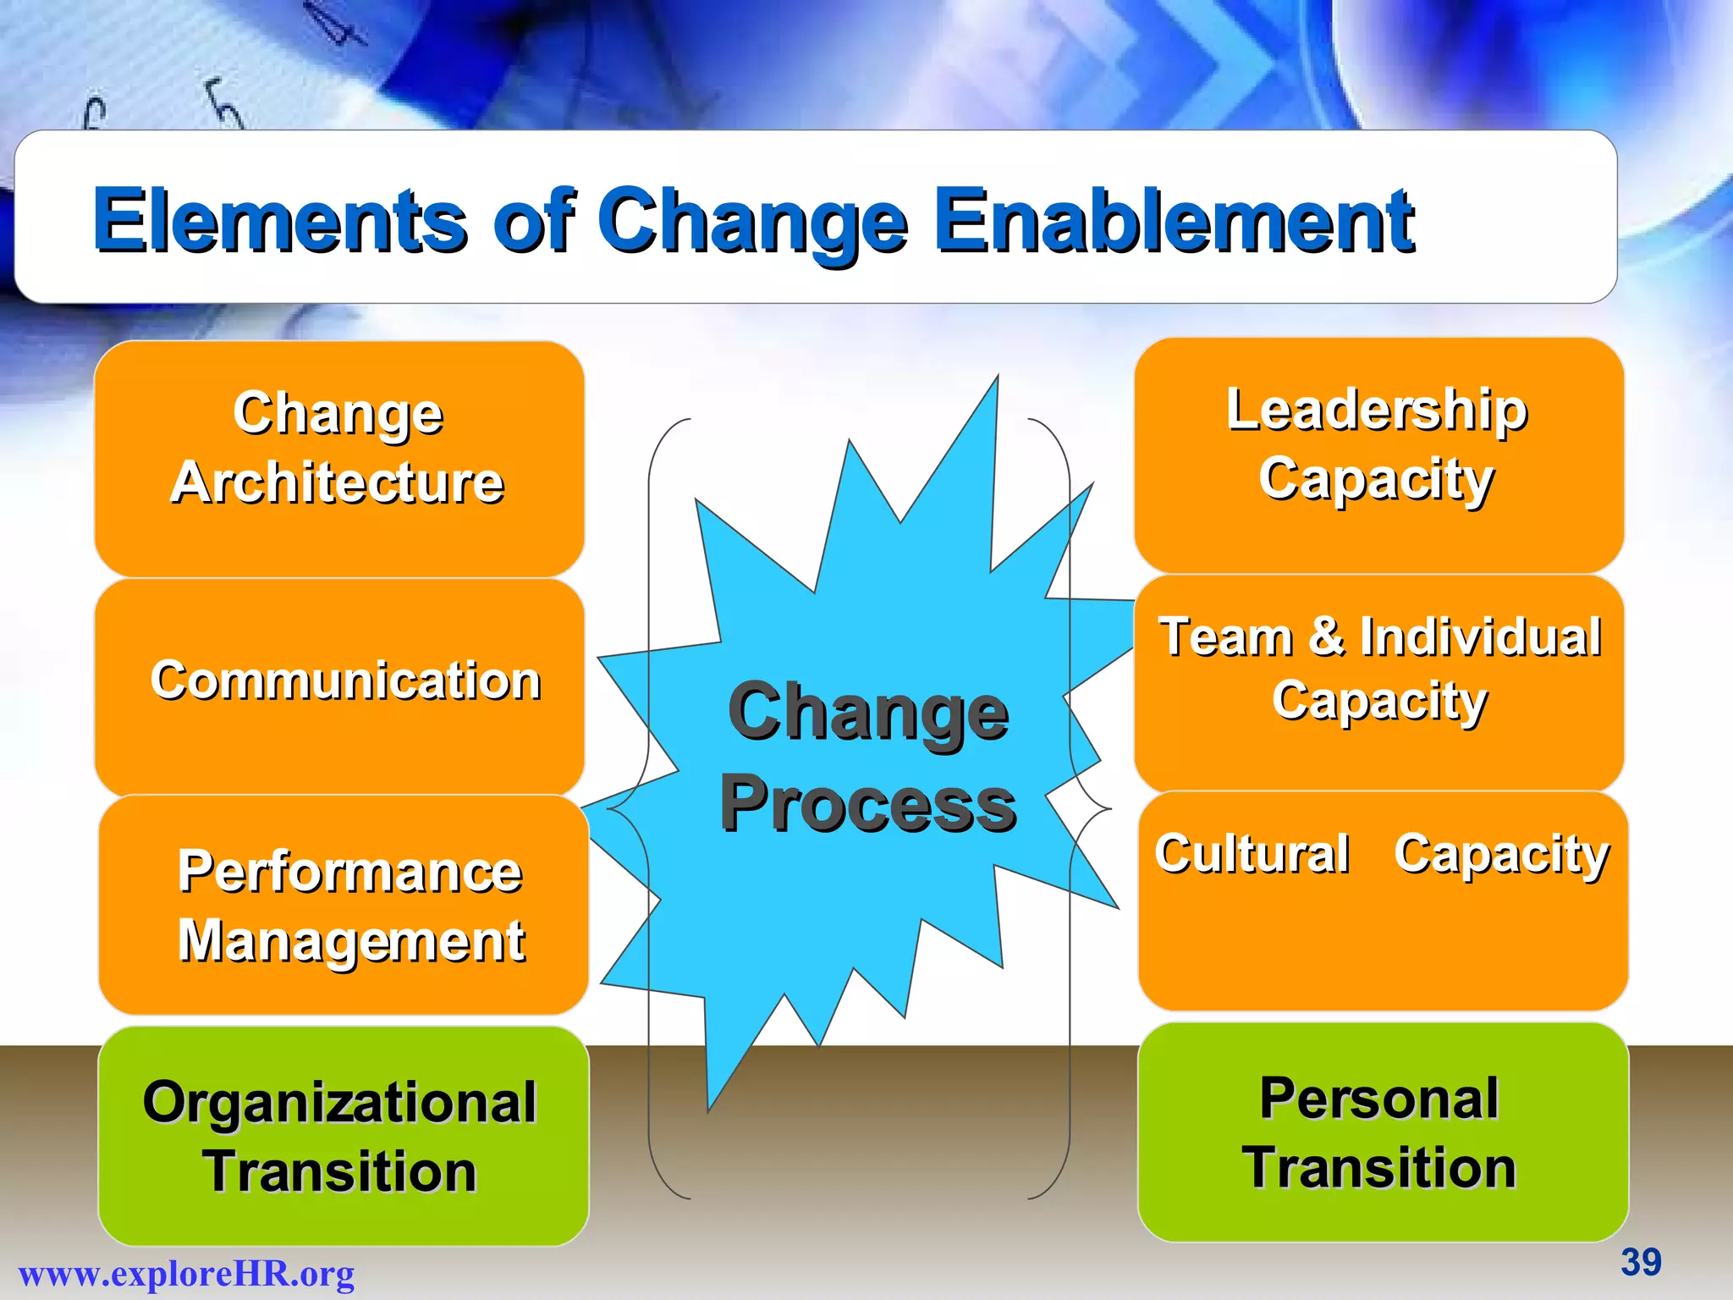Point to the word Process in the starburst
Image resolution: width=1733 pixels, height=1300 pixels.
pos(868,806)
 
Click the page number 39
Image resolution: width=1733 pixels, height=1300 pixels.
pos(1641,1262)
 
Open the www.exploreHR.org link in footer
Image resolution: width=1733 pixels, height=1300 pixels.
pos(186,1274)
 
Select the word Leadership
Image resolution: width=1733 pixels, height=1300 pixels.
pos(1377,410)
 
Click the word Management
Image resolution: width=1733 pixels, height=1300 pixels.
pos(351,941)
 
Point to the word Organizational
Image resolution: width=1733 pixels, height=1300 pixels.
pos(339,1102)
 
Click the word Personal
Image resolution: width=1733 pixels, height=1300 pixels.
pos(1378,1098)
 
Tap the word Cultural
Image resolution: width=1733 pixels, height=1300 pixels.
pos(1252,852)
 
